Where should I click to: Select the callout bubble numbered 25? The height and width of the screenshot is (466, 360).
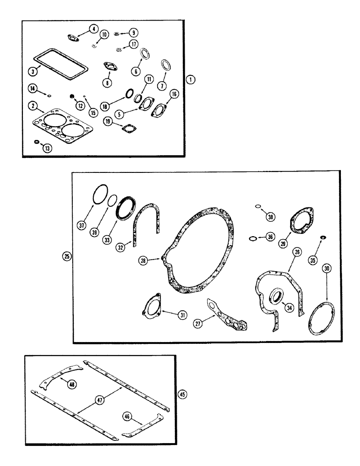[x=67, y=256]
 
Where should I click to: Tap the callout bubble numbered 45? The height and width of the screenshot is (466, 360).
[x=182, y=395]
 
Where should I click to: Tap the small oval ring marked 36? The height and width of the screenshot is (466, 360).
[x=252, y=239]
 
